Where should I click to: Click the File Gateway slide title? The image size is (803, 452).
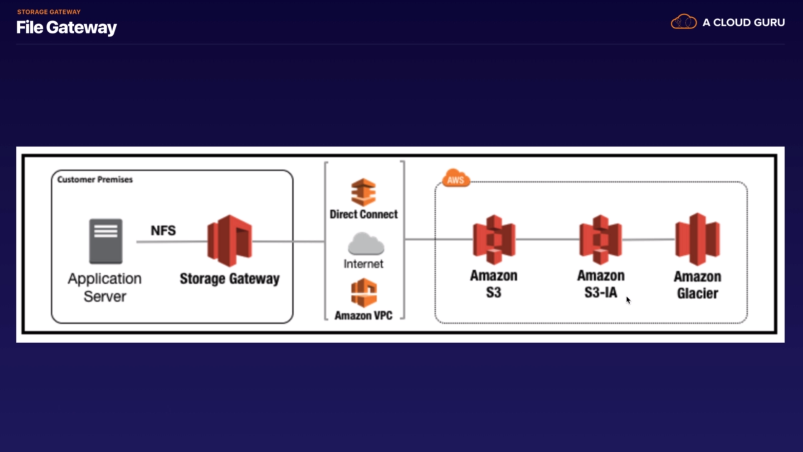point(66,28)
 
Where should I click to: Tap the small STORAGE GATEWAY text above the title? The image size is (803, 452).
point(49,12)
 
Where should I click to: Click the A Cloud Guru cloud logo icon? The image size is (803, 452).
point(683,22)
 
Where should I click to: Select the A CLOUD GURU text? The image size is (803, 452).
point(743,22)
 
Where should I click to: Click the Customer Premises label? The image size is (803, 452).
point(95,180)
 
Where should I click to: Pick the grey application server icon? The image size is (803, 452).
point(106,241)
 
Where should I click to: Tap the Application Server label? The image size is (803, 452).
point(105,287)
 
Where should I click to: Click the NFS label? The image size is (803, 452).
point(163,230)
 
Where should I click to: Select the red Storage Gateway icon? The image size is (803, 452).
point(230,240)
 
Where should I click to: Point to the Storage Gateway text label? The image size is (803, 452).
point(229,279)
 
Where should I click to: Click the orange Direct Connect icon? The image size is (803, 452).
point(363,192)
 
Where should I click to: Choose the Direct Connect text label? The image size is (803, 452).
point(363,214)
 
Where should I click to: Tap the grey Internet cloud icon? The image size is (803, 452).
point(365,244)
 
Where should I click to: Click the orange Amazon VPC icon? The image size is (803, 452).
point(364,293)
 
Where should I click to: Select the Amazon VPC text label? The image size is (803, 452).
point(363,315)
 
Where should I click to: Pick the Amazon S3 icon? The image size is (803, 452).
point(494,240)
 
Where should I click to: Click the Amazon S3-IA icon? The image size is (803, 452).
point(600,240)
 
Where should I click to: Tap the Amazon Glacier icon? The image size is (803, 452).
point(697,239)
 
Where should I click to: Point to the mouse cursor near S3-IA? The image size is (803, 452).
point(628,300)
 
